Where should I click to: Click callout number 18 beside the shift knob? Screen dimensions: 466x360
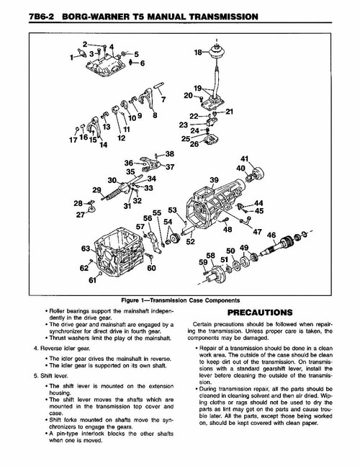198,53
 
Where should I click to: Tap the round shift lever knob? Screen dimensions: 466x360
216,50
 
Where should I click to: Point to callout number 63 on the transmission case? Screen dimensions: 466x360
86,248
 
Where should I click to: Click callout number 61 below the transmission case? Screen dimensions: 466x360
92,280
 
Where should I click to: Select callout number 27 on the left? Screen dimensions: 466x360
81,214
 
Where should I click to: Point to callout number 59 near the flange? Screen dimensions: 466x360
202,264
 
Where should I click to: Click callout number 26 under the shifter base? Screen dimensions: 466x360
194,143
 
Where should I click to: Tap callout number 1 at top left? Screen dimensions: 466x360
72,55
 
